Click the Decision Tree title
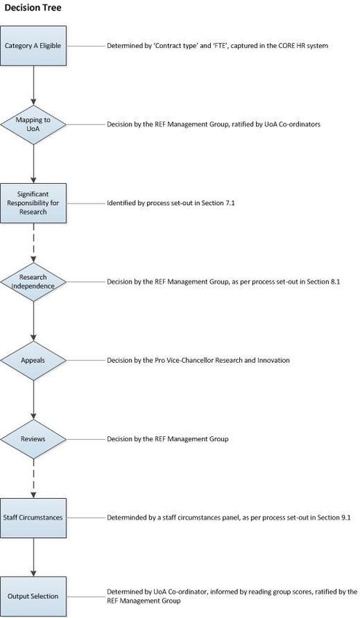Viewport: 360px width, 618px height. (x=33, y=7)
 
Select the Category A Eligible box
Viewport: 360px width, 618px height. (x=33, y=46)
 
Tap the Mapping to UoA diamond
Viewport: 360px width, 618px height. (x=33, y=124)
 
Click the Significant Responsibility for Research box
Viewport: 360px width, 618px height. (x=33, y=203)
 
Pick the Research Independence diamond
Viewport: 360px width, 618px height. (x=33, y=282)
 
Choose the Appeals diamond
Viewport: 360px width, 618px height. (x=33, y=360)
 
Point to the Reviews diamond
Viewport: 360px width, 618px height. (x=33, y=439)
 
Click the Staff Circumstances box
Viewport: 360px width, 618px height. (x=33, y=518)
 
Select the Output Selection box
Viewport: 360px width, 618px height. (x=33, y=596)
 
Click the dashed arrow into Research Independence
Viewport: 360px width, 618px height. (x=33, y=242)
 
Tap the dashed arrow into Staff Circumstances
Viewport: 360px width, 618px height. (x=33, y=478)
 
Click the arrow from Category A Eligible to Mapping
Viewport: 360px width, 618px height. (x=33, y=85)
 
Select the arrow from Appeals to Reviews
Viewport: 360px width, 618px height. (x=33, y=400)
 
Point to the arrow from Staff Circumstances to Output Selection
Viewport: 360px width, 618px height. (x=33, y=557)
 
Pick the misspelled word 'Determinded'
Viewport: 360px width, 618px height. (x=124, y=518)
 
